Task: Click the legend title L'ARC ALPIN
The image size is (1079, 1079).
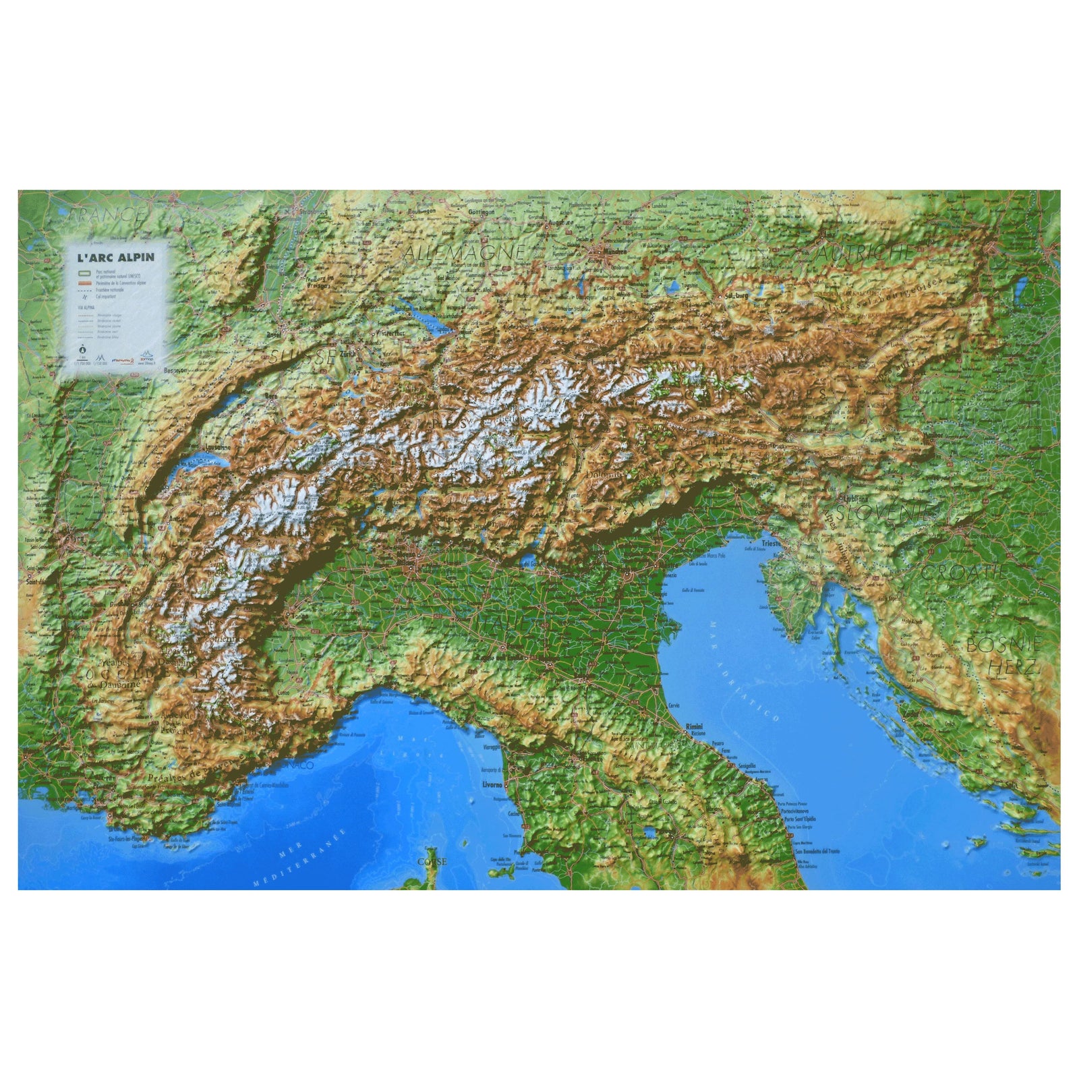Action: pyautogui.click(x=115, y=257)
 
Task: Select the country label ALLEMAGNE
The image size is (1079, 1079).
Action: pyautogui.click(x=464, y=253)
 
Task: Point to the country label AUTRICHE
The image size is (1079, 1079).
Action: pyautogui.click(x=865, y=254)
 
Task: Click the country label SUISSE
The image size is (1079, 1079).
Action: pyautogui.click(x=301, y=357)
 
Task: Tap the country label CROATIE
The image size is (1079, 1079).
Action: pyautogui.click(x=964, y=573)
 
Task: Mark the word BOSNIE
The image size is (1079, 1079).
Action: pyautogui.click(x=1003, y=644)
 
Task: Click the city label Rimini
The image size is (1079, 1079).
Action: pyautogui.click(x=694, y=726)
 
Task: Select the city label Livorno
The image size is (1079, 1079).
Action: pyautogui.click(x=493, y=785)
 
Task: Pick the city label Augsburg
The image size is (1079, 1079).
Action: pyautogui.click(x=560, y=222)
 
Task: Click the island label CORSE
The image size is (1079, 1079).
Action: pyautogui.click(x=432, y=862)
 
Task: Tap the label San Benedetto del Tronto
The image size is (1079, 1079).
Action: pyautogui.click(x=817, y=851)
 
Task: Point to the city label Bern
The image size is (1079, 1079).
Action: pyautogui.click(x=272, y=397)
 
